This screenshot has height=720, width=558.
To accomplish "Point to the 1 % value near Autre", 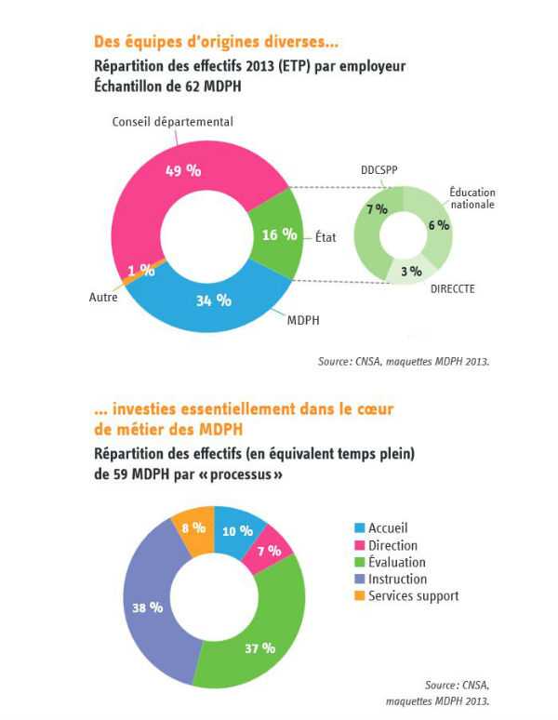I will [141, 271].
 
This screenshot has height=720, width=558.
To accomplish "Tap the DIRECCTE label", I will [453, 289].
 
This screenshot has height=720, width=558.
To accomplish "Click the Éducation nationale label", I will [472, 198].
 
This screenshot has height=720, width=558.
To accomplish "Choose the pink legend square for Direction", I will [358, 545].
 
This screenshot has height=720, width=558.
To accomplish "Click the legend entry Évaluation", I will [397, 562].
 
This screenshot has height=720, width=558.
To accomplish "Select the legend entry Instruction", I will [397, 579].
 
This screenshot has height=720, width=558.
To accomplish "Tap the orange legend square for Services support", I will [358, 595].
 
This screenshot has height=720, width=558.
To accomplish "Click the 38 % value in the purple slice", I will [148, 607].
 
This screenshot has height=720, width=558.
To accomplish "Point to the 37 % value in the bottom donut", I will [261, 647].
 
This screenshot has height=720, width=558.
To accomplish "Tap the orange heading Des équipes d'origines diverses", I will [216, 43].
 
